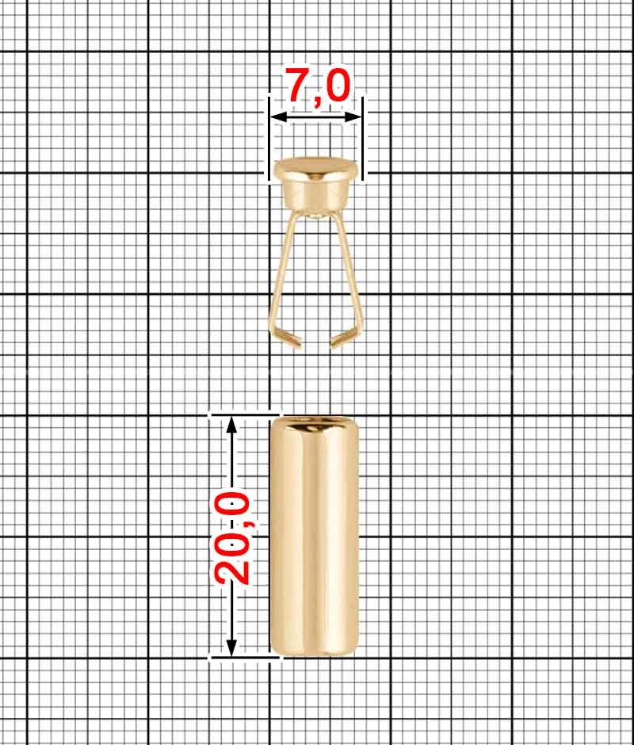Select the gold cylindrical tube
314,539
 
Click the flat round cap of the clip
315,170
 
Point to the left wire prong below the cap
282,269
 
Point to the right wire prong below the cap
349,269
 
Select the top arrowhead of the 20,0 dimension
231,422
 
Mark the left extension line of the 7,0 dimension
269,139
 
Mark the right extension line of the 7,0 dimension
362,139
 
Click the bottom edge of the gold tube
314,653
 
